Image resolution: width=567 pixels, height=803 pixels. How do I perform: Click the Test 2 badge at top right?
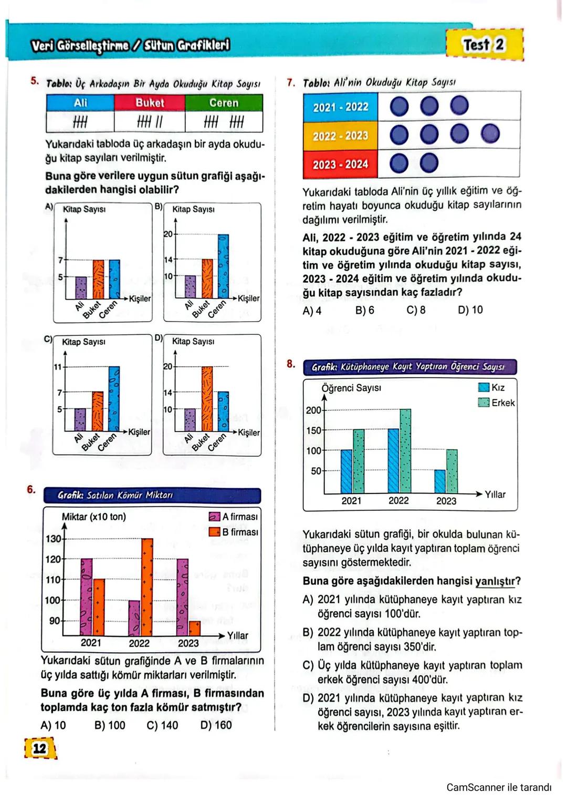(484, 45)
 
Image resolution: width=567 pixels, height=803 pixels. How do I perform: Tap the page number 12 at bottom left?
(40, 748)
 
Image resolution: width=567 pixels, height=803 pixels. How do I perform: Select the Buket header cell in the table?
(150, 103)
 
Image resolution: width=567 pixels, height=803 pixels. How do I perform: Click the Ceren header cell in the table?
(224, 103)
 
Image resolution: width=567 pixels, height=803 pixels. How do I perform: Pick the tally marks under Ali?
(80, 122)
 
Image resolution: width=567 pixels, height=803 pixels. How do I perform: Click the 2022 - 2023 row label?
(340, 136)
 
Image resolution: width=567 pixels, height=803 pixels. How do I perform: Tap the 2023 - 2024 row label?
(340, 164)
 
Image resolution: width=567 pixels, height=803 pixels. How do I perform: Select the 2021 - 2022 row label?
(340, 107)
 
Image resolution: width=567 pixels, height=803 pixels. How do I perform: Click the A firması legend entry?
(234, 517)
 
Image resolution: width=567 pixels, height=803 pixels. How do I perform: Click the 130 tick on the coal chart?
(54, 539)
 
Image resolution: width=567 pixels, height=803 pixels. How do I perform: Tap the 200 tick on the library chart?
(313, 410)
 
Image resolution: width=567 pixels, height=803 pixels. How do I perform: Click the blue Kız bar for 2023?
(440, 481)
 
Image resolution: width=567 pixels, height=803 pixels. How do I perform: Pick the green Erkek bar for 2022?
(405, 450)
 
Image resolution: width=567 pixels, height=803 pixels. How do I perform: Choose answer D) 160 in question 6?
(216, 725)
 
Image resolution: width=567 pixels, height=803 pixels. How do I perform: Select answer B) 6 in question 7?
(364, 310)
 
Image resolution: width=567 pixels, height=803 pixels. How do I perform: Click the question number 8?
(291, 364)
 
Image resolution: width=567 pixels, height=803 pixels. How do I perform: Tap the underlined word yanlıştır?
(495, 581)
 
